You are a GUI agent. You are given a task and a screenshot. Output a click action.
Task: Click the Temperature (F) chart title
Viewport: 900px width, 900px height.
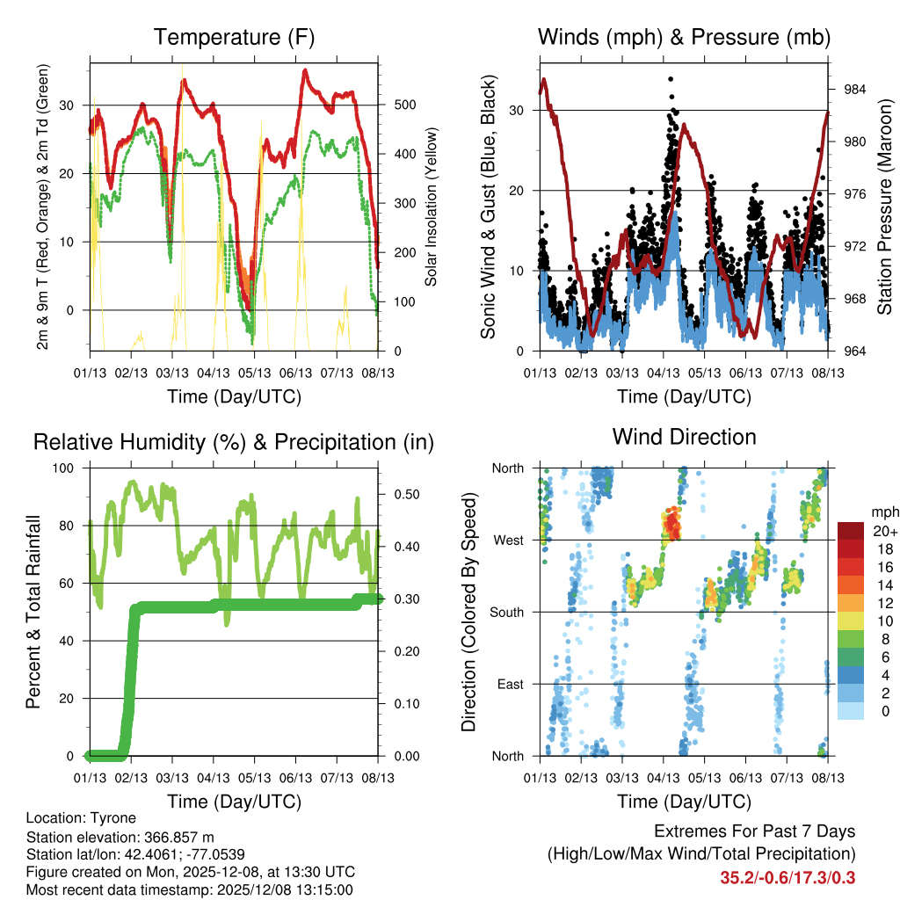[x=234, y=37]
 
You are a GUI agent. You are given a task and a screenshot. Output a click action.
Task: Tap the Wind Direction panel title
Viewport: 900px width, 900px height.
[x=684, y=436]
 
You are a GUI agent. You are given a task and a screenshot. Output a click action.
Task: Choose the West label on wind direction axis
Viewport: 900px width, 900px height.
[x=508, y=540]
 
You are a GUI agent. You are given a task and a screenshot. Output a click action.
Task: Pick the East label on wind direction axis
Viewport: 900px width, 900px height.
[x=510, y=684]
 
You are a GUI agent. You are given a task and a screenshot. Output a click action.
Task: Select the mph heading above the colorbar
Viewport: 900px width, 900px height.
[x=882, y=512]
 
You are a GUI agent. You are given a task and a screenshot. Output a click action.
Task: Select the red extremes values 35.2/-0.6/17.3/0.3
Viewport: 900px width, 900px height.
[x=787, y=878]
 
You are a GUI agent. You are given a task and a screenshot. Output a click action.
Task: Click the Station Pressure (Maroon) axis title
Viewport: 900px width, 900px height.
[x=884, y=207]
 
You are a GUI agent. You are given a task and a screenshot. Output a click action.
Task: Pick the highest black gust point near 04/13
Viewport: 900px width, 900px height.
[x=671, y=79]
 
